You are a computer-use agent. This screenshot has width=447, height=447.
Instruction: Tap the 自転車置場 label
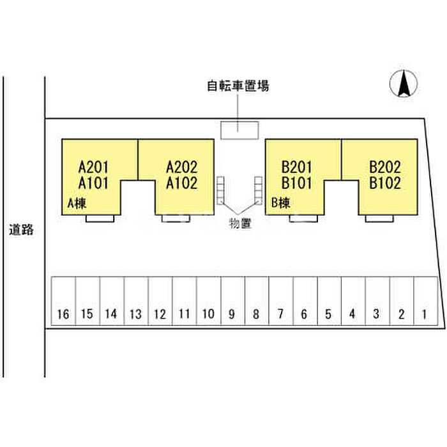(238, 86)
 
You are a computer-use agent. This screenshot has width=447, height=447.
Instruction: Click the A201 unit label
(94, 168)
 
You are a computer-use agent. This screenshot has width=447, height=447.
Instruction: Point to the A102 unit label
(182, 184)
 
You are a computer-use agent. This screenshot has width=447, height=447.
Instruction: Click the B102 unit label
(385, 184)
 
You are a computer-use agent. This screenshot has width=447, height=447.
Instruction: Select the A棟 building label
(77, 204)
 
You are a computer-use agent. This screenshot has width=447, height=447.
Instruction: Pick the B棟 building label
(282, 204)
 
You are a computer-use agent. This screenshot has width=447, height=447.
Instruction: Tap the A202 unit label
(182, 168)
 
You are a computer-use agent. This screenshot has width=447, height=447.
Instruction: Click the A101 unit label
(94, 184)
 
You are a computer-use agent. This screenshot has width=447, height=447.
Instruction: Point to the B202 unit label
(385, 168)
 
